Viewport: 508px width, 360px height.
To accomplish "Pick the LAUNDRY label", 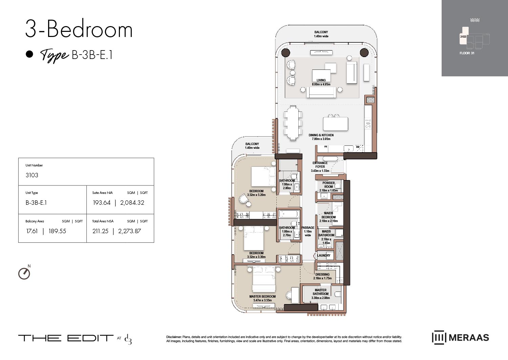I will click(324, 255).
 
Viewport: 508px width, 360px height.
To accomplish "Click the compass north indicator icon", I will click(24, 273).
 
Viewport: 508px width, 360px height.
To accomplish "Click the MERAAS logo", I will click(460, 338).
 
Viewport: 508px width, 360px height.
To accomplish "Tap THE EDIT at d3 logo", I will click(75, 338).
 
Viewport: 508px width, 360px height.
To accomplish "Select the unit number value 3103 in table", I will click(32, 175).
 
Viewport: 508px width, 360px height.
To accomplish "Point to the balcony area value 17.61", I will click(32, 231).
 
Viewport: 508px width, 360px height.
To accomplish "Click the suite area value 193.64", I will click(102, 203).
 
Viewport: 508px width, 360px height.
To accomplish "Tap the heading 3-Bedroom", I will click(79, 29).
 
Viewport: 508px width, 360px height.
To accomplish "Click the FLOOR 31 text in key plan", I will click(467, 53).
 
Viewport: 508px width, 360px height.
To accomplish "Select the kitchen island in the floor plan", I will click(335, 124).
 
